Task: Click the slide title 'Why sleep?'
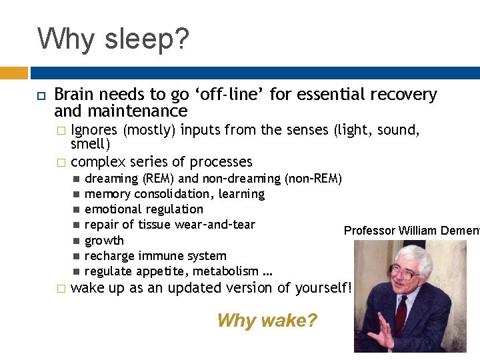(113, 39)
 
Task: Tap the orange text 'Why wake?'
(267, 321)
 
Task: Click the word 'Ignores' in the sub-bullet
(94, 130)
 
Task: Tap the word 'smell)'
(90, 143)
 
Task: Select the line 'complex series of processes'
(161, 162)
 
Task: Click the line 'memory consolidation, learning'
(175, 194)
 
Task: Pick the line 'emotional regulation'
(144, 209)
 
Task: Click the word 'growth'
(104, 240)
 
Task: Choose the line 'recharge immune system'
(155, 256)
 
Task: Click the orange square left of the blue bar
(14, 73)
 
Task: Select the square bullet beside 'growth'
(77, 241)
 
